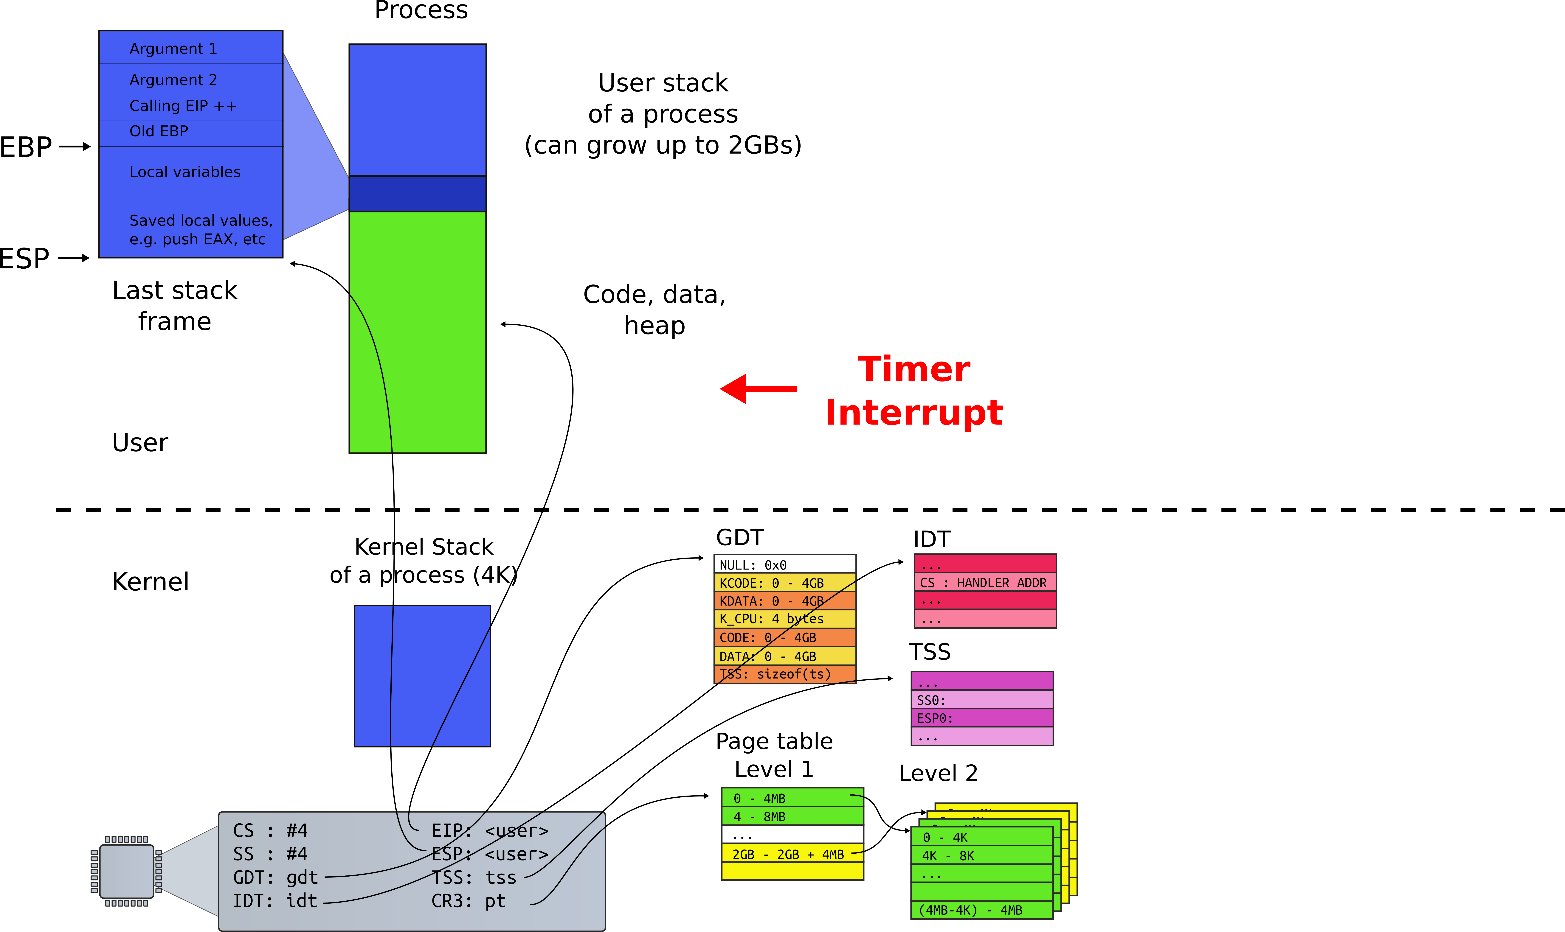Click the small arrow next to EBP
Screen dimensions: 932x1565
(75, 146)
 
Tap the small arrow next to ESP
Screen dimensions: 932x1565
(74, 257)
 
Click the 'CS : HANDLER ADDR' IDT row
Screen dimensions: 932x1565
(984, 582)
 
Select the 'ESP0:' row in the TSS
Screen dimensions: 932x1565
(981, 718)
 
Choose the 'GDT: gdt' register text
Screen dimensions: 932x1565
(275, 877)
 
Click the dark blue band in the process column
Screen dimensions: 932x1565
(417, 193)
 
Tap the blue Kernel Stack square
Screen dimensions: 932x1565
(422, 676)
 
